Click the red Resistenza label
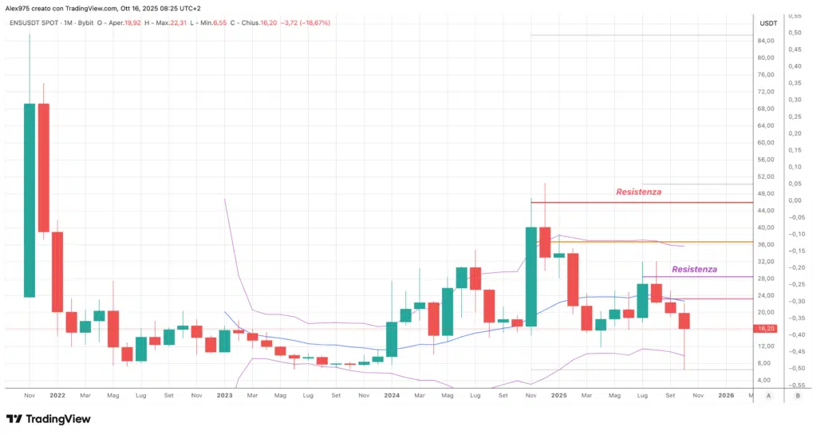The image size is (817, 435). tap(638, 192)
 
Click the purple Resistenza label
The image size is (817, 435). tap(694, 269)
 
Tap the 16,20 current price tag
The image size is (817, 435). tap(767, 328)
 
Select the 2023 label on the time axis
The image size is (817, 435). tap(224, 394)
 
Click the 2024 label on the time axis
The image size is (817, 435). tap(391, 394)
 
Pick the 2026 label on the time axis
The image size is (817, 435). tap(726, 394)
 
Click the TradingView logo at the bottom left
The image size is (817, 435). tap(48, 419)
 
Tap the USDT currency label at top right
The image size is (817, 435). tap(768, 22)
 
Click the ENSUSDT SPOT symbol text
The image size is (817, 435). tap(35, 22)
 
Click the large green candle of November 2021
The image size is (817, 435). tap(30, 200)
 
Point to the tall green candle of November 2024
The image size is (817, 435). tap(531, 276)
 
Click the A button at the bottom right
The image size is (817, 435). tap(768, 395)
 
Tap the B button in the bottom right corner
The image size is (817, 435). tap(798, 395)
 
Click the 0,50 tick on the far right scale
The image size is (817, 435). tap(795, 33)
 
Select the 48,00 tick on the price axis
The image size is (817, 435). tap(767, 193)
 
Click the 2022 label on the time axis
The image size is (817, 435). tap(57, 394)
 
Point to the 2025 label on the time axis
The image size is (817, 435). tap(558, 394)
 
